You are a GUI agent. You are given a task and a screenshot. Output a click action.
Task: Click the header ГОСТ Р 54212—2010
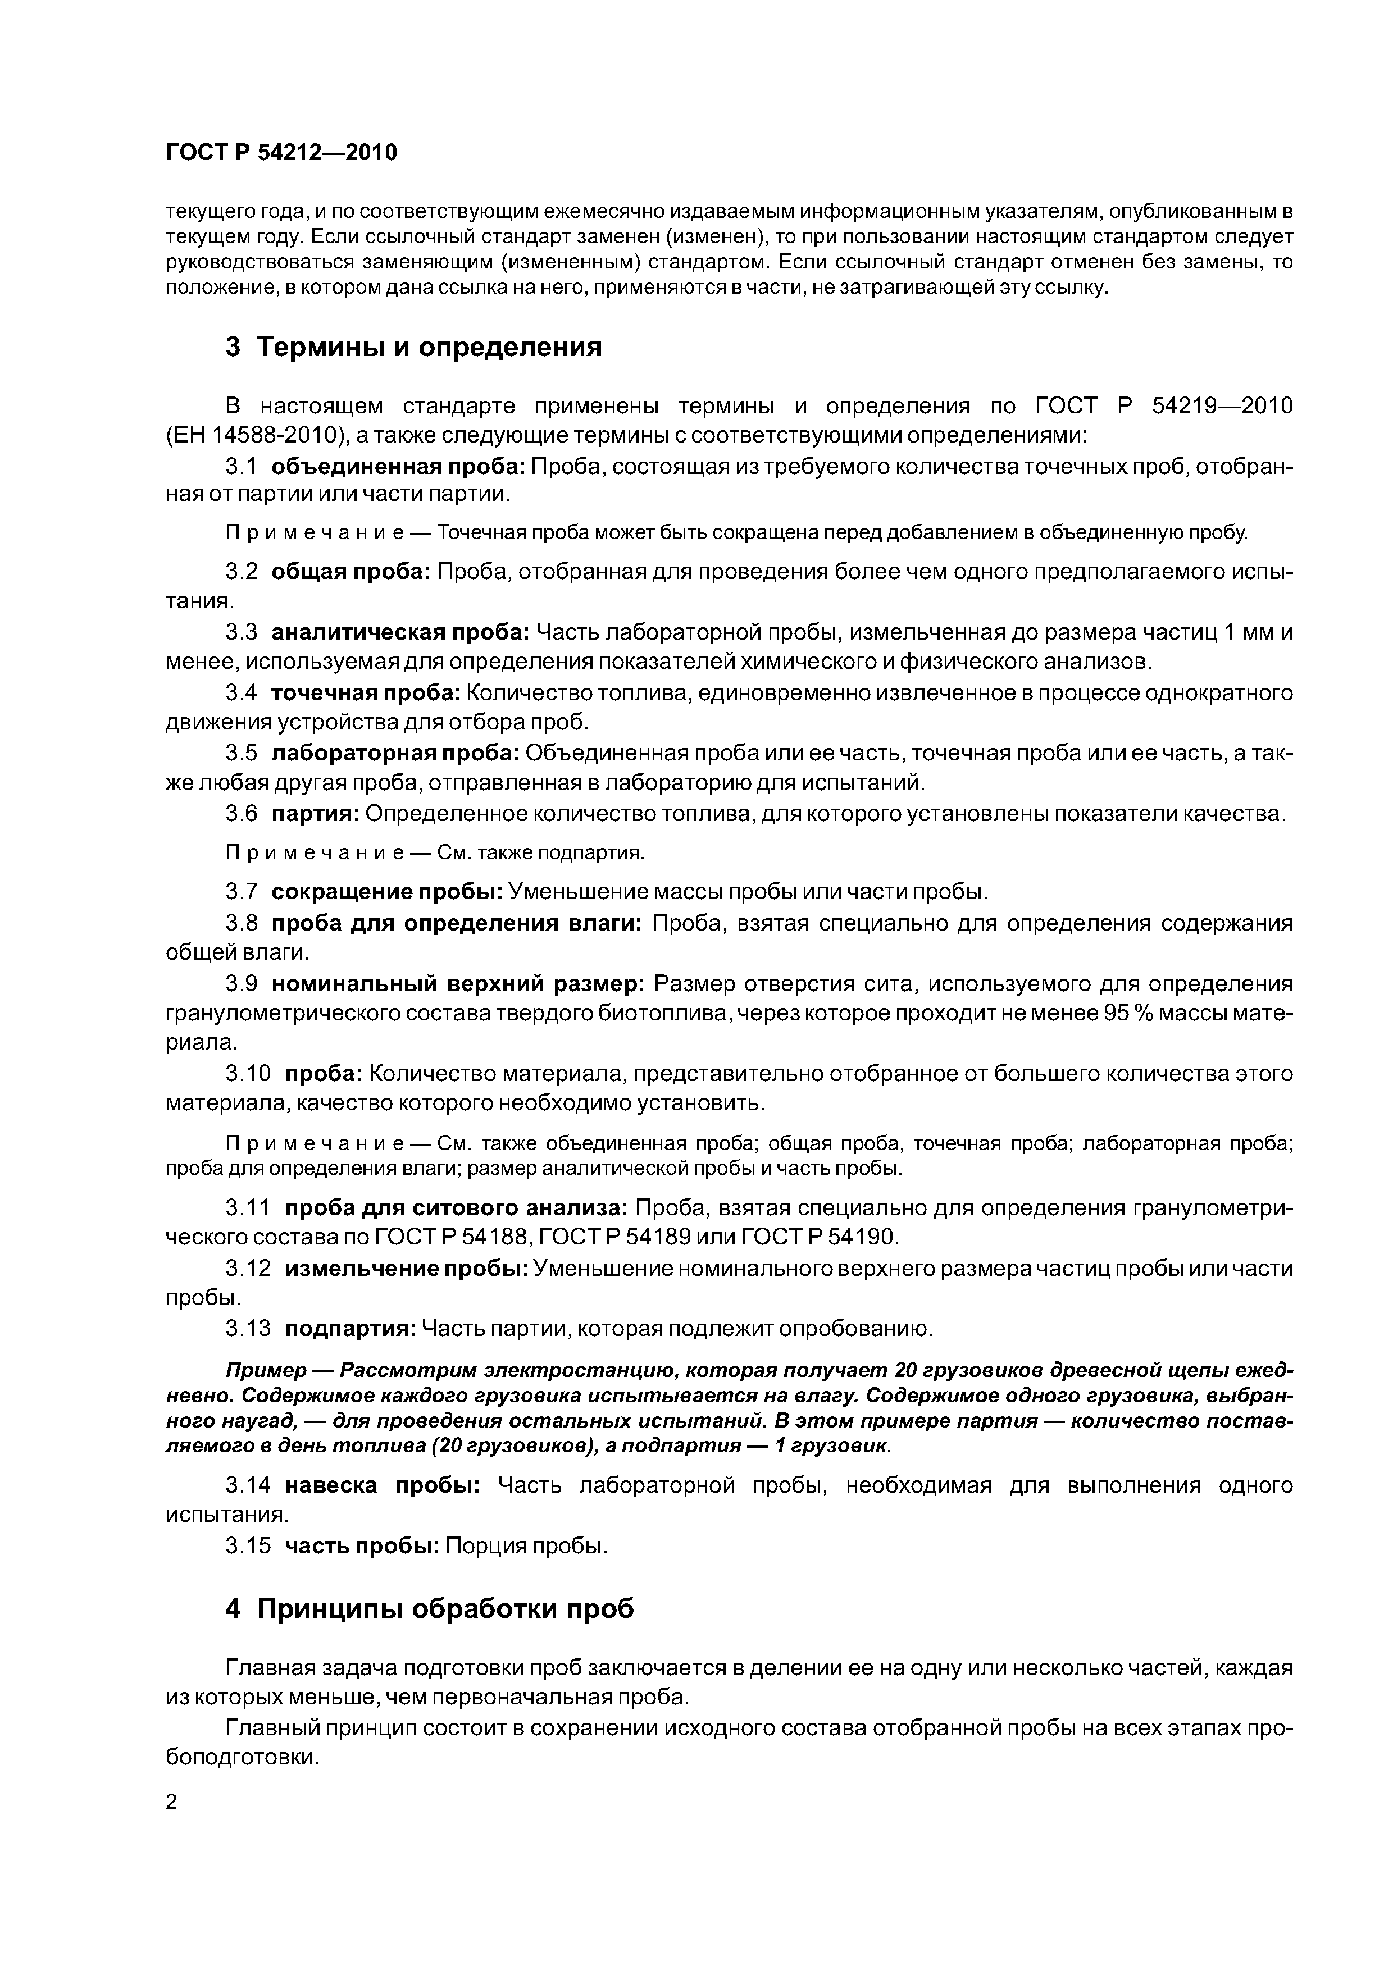[x=281, y=153]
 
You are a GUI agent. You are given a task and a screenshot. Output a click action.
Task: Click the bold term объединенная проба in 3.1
[x=398, y=466]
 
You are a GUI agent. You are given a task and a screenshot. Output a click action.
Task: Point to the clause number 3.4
[x=241, y=692]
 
